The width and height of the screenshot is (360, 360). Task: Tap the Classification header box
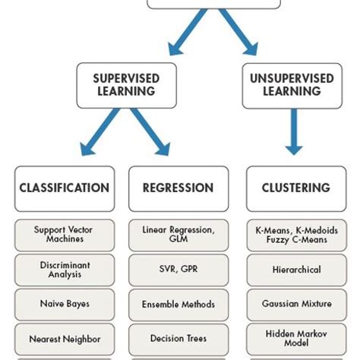coord(65,188)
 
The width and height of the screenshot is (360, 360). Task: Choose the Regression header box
coord(178,188)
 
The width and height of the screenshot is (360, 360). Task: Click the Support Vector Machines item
coord(65,235)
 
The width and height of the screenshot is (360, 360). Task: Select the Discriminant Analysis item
coord(65,270)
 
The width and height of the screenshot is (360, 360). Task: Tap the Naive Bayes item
coord(65,304)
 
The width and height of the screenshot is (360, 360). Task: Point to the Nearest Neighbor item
coord(65,339)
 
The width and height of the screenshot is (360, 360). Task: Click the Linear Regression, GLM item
coord(178,235)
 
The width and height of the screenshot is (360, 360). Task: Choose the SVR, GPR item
coord(178,270)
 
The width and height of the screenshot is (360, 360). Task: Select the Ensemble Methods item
coord(178,304)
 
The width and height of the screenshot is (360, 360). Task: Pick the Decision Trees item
coord(178,339)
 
